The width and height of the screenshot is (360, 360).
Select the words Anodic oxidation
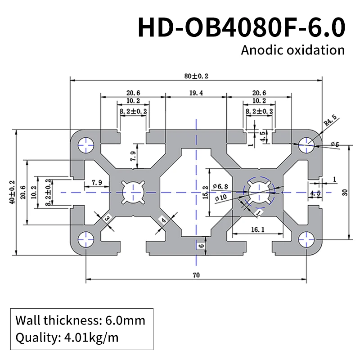tap(292, 50)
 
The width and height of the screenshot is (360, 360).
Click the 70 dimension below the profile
tap(196, 274)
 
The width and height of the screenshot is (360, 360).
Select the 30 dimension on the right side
tap(345, 192)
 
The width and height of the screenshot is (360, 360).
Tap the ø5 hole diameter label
tap(334, 144)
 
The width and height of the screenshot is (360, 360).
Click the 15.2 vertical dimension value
tap(206, 192)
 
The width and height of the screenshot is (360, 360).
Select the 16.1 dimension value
tap(257, 230)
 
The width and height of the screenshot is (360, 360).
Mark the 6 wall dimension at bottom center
tap(202, 246)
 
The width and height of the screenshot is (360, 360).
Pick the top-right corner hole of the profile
tap(306, 144)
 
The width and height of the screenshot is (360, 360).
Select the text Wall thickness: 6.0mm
tap(81, 320)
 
